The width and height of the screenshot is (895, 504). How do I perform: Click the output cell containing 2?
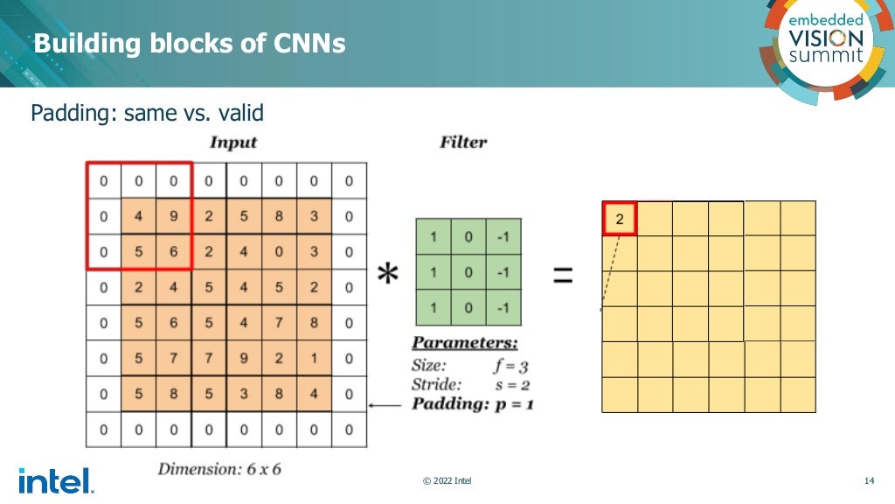(x=620, y=219)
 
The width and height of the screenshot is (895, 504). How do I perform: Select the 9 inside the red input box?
(x=173, y=216)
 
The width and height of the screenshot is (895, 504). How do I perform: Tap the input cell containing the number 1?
(x=313, y=358)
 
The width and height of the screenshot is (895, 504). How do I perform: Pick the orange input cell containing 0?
(x=278, y=252)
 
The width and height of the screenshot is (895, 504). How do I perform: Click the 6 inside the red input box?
(x=173, y=252)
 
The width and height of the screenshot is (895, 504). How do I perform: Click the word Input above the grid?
(x=233, y=142)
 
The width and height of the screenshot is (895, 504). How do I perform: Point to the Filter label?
(x=463, y=142)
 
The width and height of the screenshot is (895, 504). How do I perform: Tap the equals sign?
(x=564, y=276)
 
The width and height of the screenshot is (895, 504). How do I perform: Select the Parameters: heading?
(x=465, y=343)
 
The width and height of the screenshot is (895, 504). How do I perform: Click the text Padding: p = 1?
(x=473, y=403)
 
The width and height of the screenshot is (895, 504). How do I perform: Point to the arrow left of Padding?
(x=385, y=405)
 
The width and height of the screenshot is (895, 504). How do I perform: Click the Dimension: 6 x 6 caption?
(x=219, y=468)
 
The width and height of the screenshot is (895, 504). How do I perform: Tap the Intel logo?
(x=54, y=479)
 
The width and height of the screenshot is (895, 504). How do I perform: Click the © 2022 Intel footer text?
(x=447, y=481)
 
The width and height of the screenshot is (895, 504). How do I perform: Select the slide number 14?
(x=869, y=481)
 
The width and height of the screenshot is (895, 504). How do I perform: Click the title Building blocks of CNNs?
(x=190, y=43)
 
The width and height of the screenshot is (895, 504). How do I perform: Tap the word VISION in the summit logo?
(x=826, y=38)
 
